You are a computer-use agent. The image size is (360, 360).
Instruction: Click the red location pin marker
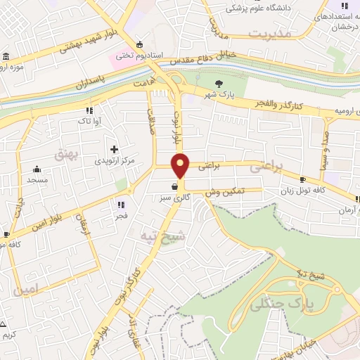click(x=181, y=165)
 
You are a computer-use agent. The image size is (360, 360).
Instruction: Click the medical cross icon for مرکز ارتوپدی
click(x=114, y=149)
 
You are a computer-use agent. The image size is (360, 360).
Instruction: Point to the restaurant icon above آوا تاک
click(x=89, y=110)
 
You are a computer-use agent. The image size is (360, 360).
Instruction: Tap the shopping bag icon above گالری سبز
click(x=173, y=187)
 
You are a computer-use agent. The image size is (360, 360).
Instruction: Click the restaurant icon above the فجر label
click(x=121, y=205)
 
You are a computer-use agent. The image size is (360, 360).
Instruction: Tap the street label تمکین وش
click(x=225, y=191)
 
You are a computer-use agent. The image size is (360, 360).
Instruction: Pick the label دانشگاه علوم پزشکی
click(x=252, y=9)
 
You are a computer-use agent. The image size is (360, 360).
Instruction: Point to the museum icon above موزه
click(x=6, y=56)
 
